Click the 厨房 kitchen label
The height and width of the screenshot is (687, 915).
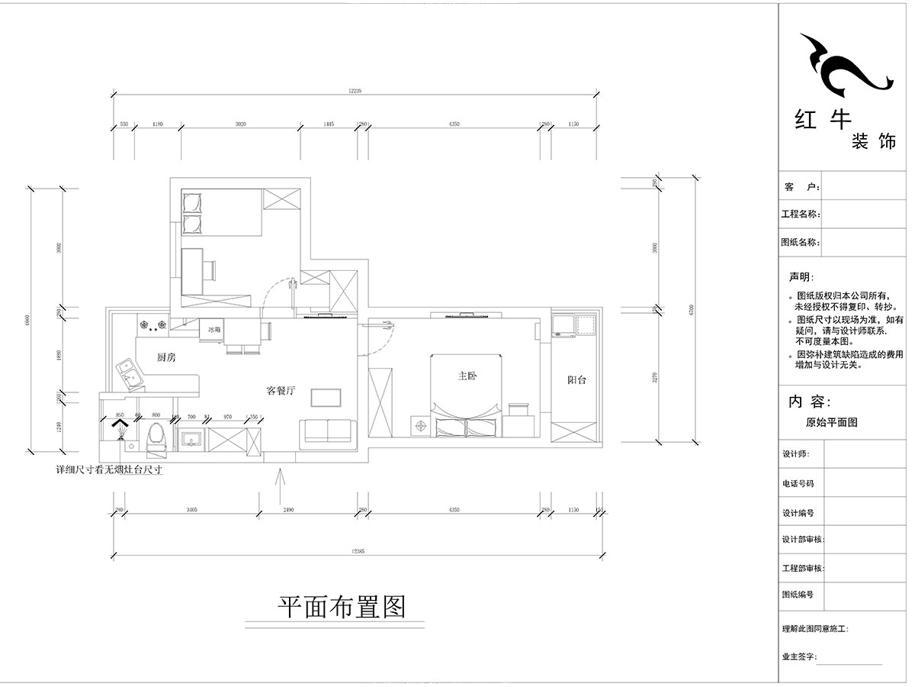(166, 358)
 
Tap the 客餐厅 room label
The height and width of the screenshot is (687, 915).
(280, 391)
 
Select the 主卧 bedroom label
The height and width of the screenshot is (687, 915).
(467, 376)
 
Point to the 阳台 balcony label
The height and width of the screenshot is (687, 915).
(576, 379)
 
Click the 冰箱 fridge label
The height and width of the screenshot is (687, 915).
(213, 331)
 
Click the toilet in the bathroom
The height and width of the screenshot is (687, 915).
(155, 438)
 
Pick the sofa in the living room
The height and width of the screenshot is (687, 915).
(327, 432)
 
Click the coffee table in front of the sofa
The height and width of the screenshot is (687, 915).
(326, 398)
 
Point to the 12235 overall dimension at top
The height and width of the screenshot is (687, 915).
(355, 91)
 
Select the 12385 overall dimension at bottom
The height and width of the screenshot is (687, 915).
(355, 550)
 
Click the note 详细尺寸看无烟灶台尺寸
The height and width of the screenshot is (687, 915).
(110, 471)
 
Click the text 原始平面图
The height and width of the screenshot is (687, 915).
(831, 422)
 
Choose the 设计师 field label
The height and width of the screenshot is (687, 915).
(795, 453)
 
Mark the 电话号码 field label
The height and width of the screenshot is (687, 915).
(798, 483)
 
